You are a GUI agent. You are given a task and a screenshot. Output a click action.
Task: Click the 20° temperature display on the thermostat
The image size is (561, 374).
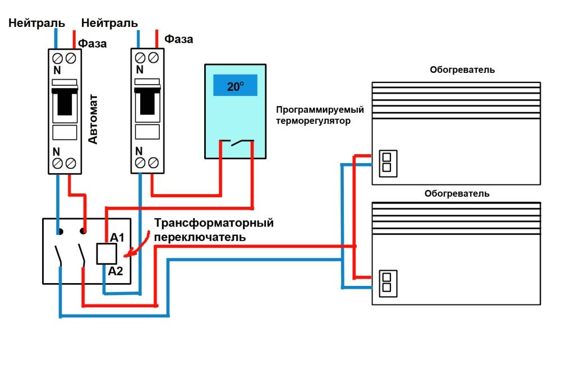[235, 86]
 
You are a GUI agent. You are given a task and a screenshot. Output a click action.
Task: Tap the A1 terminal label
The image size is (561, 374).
[117, 238]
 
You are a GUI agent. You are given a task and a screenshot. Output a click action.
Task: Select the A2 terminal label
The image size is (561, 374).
[116, 271]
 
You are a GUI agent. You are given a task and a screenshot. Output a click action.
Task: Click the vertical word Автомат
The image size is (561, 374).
[93, 119]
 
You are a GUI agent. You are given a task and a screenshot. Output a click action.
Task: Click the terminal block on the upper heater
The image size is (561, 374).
[386, 163]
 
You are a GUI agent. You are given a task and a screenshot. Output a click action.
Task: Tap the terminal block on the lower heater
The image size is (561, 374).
[386, 282]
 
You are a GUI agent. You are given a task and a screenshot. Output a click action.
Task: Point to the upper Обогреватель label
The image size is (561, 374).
[462, 70]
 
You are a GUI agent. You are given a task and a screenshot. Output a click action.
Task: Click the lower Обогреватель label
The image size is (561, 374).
[457, 194]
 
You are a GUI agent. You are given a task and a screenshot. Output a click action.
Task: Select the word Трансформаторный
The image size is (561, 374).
[214, 223]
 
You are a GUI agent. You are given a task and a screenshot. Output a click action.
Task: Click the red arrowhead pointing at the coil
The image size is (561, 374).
[127, 255]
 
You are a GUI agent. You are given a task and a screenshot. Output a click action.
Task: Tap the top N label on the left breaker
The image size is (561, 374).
[57, 71]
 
